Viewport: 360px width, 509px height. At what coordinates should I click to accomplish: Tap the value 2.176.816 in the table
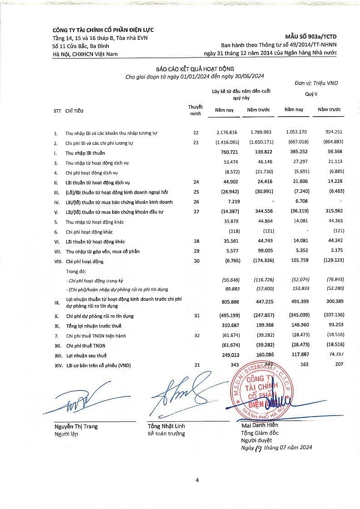click(x=227, y=132)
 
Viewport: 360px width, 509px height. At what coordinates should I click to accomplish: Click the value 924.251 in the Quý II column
click(x=333, y=132)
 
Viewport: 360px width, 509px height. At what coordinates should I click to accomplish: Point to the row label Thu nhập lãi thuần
click(x=85, y=153)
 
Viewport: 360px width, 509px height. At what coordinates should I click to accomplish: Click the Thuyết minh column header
click(x=195, y=110)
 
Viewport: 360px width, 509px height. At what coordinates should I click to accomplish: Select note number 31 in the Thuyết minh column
click(x=196, y=316)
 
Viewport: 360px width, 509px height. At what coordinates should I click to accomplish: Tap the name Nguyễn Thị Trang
click(x=76, y=426)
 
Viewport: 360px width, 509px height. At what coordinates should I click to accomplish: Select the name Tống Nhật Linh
click(x=166, y=426)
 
